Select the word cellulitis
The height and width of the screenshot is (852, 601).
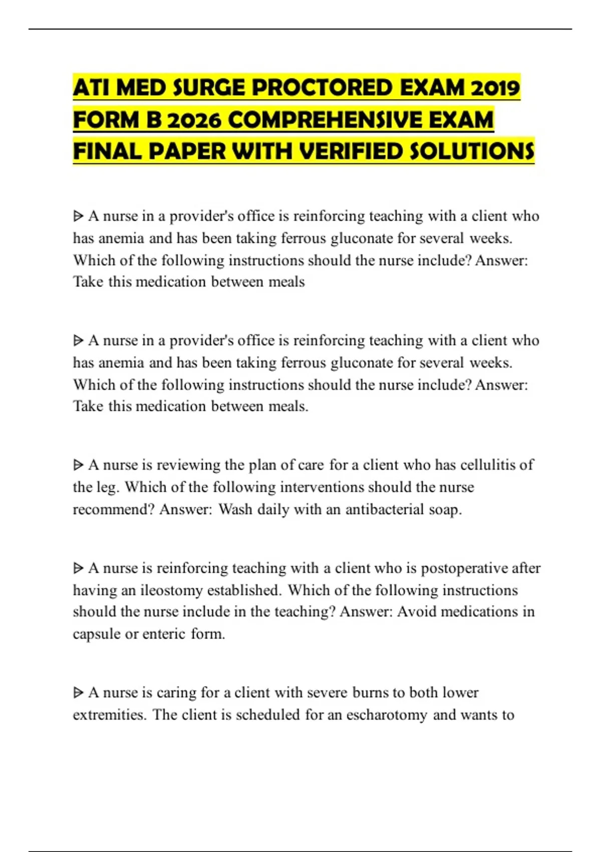pos(489,465)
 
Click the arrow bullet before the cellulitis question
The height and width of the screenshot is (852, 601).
pos(78,465)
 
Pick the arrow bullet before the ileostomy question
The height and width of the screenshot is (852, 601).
pos(78,568)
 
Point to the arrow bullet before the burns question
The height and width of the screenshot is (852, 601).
pos(78,693)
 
